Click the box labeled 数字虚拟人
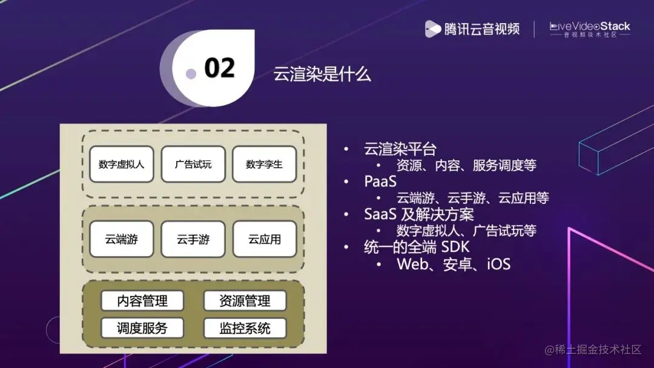[x=121, y=164]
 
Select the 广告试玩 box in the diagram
[x=193, y=164]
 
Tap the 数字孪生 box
[x=264, y=164]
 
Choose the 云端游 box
[x=121, y=239]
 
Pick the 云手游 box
[x=193, y=239]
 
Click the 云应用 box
[x=264, y=239]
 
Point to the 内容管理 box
[x=142, y=301]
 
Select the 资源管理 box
[x=245, y=301]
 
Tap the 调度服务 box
[x=142, y=328]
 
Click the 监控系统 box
[x=245, y=328]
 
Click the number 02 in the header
[x=219, y=68]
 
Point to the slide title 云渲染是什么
[x=322, y=75]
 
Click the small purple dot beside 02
[x=191, y=74]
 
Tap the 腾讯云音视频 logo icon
[x=432, y=28]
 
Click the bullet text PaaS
[x=380, y=182]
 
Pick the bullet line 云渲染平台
[x=400, y=149]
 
